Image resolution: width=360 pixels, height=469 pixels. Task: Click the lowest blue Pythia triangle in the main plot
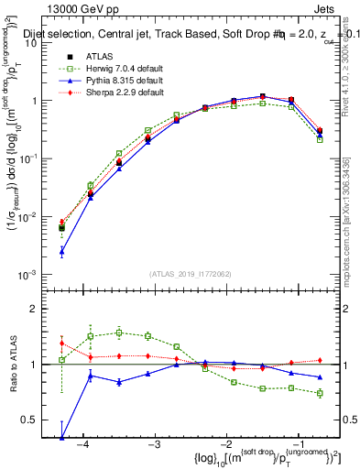[61, 250]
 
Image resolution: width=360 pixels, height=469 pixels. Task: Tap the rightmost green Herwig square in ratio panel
[320, 393]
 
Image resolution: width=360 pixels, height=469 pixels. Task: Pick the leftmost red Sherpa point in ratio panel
[61, 344]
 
